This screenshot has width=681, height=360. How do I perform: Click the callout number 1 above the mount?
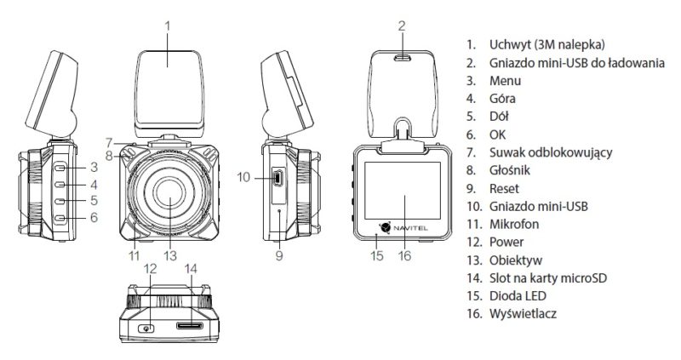coord(167,25)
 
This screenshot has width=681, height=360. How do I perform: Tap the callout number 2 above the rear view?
coord(400,26)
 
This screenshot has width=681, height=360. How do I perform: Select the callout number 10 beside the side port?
coord(242,177)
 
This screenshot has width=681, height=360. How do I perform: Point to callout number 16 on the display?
coord(405,253)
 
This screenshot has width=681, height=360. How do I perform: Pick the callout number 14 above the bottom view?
coord(189,269)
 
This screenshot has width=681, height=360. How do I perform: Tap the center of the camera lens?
coord(167,202)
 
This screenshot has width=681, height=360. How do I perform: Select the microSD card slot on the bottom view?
coord(189,326)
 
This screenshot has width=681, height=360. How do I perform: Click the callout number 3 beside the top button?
coord(95,167)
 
